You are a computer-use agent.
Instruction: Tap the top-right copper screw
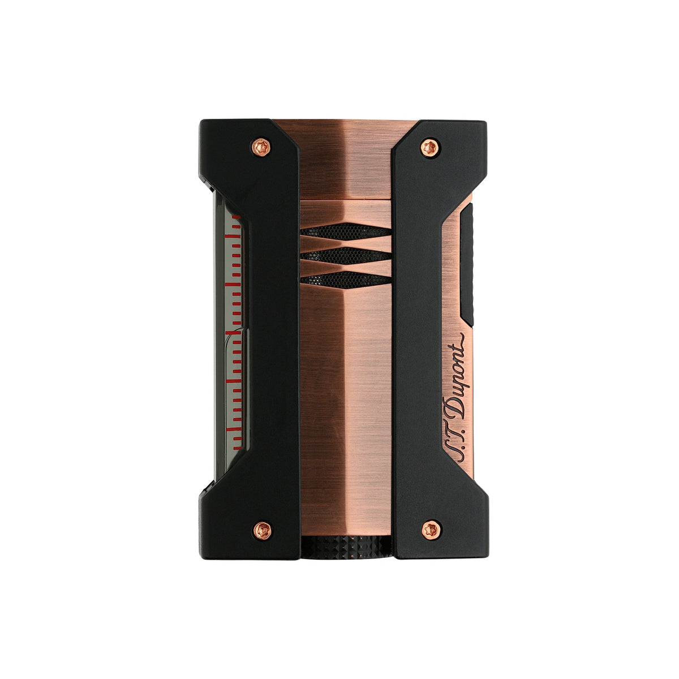coord(429,147)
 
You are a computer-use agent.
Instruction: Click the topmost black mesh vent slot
coord(345,230)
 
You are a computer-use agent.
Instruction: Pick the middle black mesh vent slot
coord(345,255)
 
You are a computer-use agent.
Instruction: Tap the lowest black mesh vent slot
coord(345,278)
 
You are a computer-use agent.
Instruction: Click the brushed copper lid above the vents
coord(345,164)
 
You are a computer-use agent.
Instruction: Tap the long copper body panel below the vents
coord(345,396)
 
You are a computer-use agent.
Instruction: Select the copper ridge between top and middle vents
coord(345,243)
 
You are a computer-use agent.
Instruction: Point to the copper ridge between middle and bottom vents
coord(345,267)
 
